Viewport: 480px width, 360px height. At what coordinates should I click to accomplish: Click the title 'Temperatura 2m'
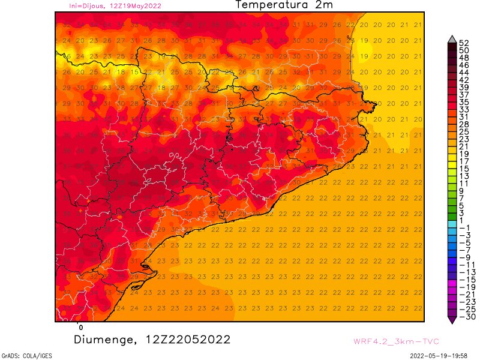(283, 5)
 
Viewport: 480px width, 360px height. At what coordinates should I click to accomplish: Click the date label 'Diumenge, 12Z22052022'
(152, 340)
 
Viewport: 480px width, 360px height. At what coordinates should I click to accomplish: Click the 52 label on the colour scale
(463, 43)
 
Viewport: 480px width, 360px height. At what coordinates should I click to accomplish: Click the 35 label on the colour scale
(463, 102)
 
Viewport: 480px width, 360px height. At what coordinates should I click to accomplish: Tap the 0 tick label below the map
(81, 328)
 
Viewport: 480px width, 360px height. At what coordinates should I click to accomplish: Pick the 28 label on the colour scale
(463, 124)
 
